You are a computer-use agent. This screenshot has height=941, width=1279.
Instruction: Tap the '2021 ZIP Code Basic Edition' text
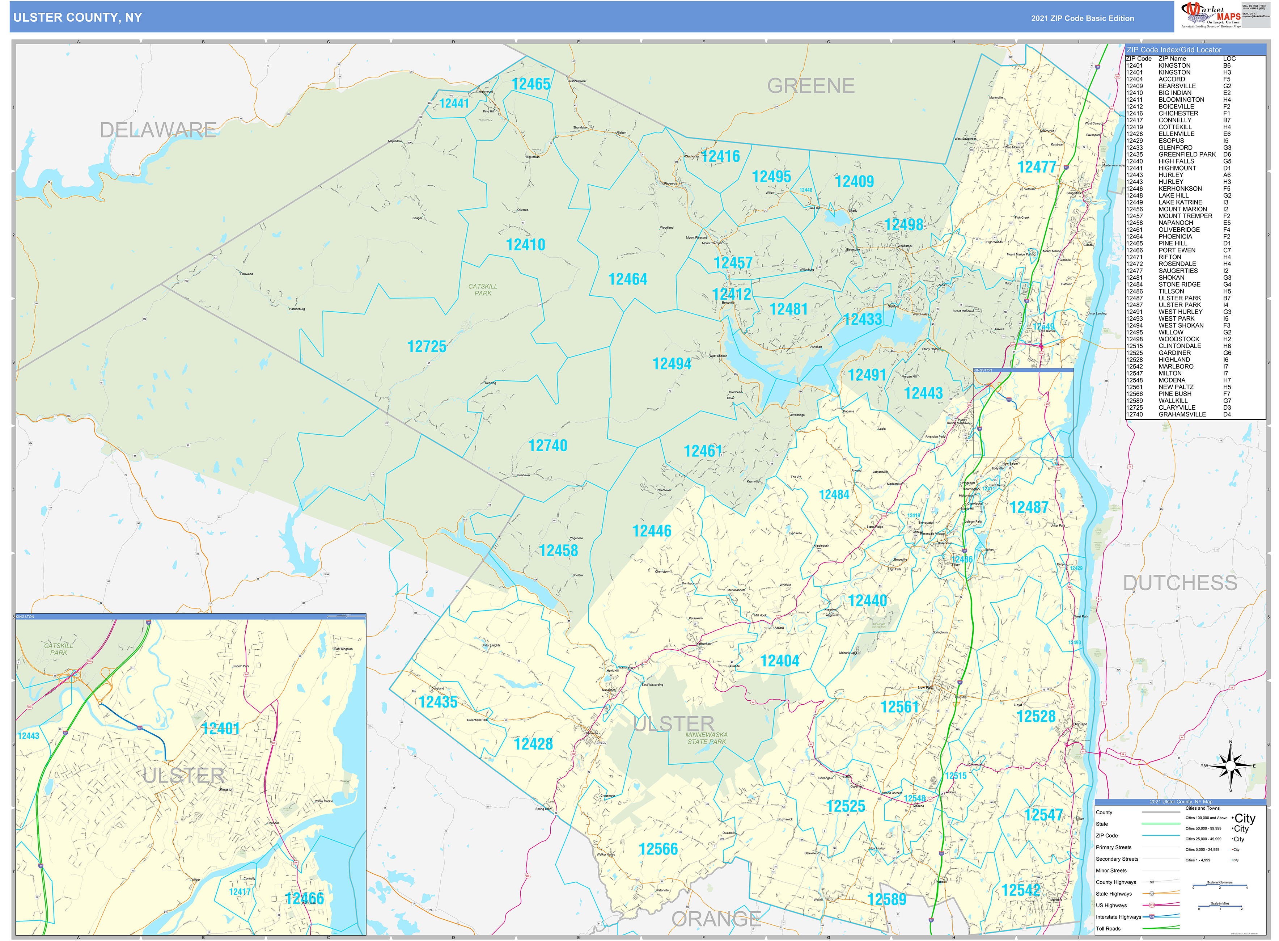pos(1082,18)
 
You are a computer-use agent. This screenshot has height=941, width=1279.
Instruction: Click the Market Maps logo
pos(1211,15)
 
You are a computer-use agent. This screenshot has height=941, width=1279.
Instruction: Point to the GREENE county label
pos(810,86)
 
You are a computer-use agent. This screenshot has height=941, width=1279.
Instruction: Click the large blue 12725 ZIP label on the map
pos(427,346)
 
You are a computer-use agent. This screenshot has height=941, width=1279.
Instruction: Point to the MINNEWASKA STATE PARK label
pos(706,738)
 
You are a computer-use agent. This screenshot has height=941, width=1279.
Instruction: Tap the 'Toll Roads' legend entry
pos(1108,928)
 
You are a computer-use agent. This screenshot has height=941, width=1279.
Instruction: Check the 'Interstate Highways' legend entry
pos(1118,917)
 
